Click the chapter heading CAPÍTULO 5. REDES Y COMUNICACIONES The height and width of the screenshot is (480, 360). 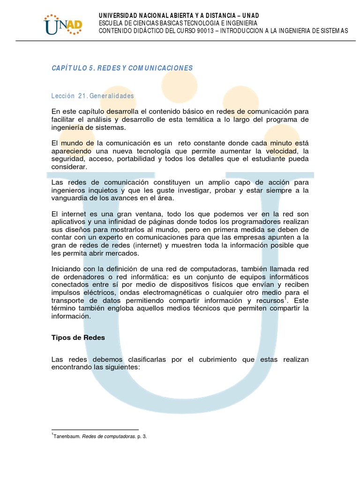[122, 68]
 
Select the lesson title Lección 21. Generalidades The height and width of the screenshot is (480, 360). [93, 96]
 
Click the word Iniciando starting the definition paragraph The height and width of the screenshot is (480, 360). [66, 269]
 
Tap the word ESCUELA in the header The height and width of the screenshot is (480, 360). [111, 23]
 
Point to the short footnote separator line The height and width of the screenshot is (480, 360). [95, 429]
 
